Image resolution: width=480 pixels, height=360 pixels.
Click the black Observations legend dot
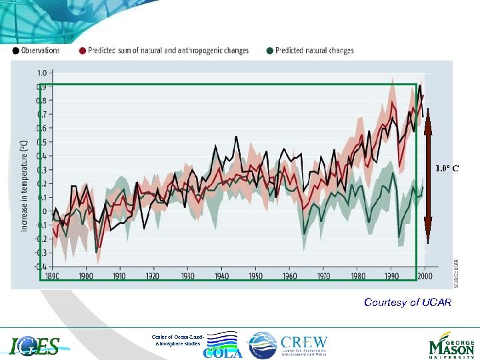(x=15, y=50)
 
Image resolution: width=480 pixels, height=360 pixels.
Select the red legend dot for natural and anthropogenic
(x=83, y=50)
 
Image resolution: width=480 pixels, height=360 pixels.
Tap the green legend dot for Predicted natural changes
(x=269, y=50)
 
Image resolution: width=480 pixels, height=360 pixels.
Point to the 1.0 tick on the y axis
(x=42, y=73)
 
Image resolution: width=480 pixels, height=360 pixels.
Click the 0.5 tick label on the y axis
(x=42, y=142)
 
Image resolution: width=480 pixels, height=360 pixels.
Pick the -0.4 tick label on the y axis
(x=41, y=267)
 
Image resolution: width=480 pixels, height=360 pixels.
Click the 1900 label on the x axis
(x=85, y=275)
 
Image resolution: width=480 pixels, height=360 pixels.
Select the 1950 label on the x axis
(x=255, y=275)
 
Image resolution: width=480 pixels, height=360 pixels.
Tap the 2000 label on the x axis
(x=425, y=275)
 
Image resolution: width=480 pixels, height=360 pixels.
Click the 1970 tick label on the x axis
(x=323, y=275)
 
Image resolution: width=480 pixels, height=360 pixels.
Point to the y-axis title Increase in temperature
(x=24, y=185)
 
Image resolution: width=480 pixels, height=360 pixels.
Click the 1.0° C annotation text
(x=447, y=169)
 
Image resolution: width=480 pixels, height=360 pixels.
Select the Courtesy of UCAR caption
(x=407, y=303)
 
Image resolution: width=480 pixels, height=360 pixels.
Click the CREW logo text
(x=303, y=341)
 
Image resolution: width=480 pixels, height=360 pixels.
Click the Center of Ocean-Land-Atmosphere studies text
(x=178, y=340)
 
